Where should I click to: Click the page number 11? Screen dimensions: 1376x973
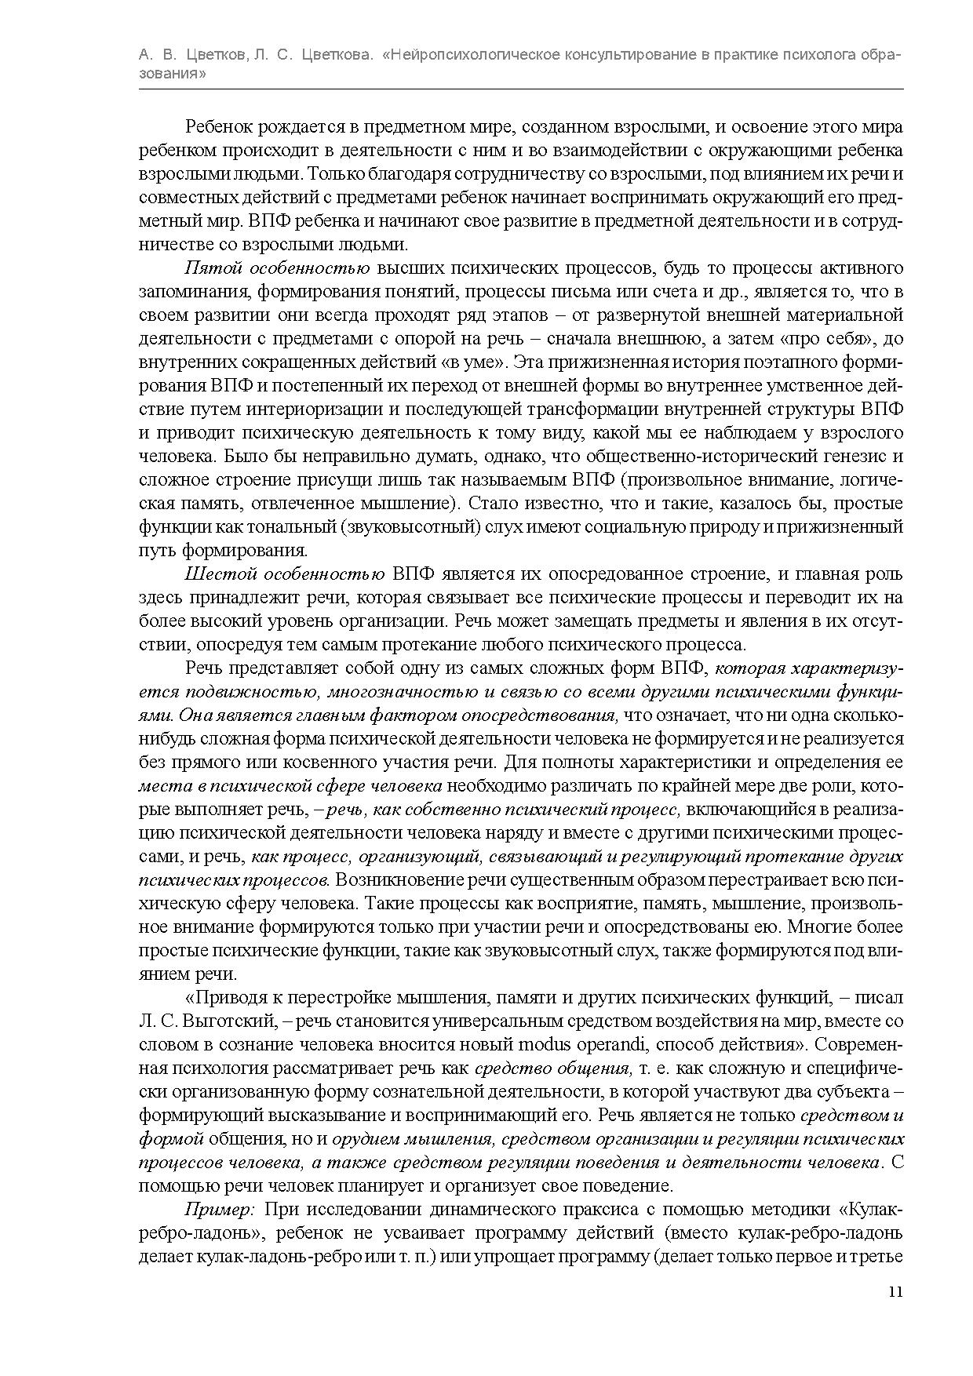point(896,1292)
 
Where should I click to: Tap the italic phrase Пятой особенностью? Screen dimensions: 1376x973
point(277,268)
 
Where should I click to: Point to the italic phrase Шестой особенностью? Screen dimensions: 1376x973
point(284,574)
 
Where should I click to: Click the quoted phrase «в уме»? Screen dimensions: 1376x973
point(486,362)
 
